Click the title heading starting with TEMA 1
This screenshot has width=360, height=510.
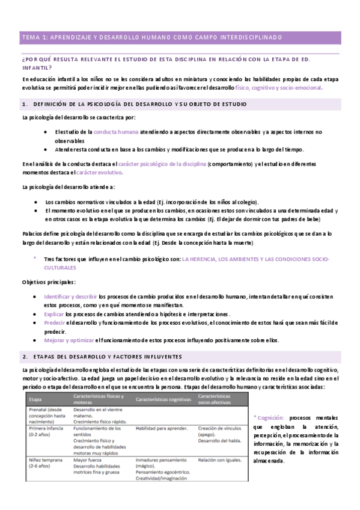click(x=151, y=37)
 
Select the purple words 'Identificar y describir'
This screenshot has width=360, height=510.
click(x=70, y=296)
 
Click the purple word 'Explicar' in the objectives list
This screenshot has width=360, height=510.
click(x=54, y=314)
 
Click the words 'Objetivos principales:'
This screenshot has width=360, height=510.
click(x=49, y=281)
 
